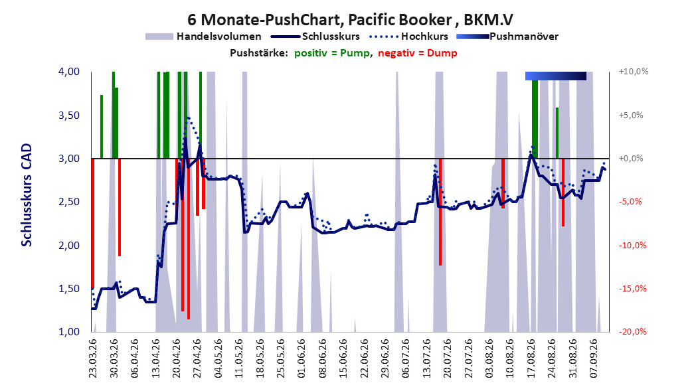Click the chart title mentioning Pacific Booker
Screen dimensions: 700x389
click(350, 20)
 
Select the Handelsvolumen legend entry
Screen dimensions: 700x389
click(204, 37)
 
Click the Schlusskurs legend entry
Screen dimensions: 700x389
click(315, 37)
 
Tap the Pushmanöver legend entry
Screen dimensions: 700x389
click(507, 37)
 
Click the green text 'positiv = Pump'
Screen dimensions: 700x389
click(331, 53)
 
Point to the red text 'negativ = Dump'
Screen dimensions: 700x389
click(418, 53)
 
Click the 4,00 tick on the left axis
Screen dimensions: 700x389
click(69, 72)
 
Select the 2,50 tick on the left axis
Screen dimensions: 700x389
click(69, 202)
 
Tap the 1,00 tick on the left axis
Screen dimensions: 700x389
click(69, 331)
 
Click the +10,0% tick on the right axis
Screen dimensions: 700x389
click(634, 72)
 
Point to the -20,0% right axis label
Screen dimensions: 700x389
click(632, 331)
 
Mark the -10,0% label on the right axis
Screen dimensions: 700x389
click(632, 245)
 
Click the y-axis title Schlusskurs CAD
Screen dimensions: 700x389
click(27, 195)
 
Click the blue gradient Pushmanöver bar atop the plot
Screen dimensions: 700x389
click(555, 76)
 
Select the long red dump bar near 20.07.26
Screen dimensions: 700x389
click(440, 212)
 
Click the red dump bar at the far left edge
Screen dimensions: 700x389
click(93, 224)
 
